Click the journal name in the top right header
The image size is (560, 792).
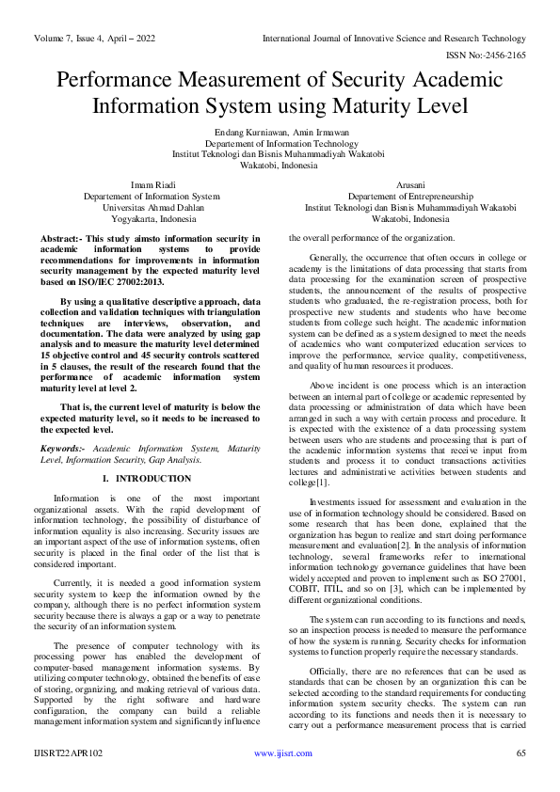pos(394,39)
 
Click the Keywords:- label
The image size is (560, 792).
pos(64,450)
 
